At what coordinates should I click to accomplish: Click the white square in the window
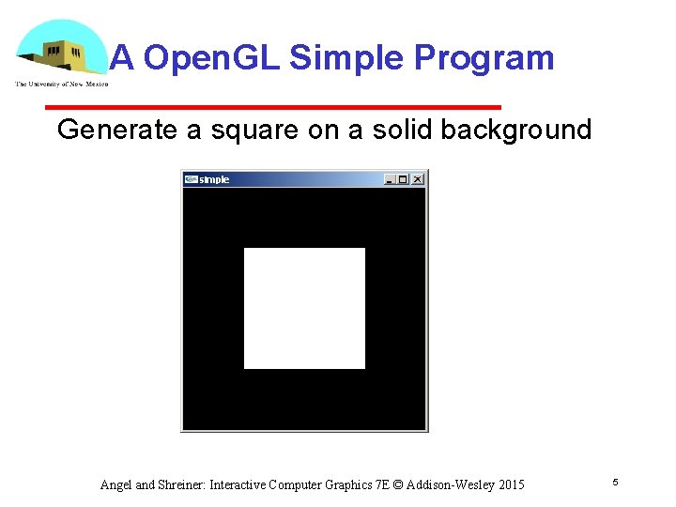[x=304, y=308]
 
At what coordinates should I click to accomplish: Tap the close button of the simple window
[x=417, y=179]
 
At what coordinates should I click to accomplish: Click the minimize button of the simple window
[x=391, y=179]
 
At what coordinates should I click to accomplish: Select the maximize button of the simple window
[x=404, y=179]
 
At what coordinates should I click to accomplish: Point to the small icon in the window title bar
[x=191, y=179]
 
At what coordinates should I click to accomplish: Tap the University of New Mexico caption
[x=61, y=84]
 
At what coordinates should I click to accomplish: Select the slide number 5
[x=615, y=482]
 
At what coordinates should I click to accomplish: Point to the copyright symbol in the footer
[x=397, y=485]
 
